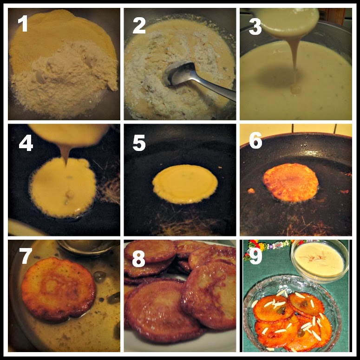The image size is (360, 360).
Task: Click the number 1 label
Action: tap(23, 24)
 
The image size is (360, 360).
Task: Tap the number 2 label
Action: tap(139, 26)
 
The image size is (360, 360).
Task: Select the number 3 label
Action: tap(255, 26)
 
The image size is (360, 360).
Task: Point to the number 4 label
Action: tap(26, 143)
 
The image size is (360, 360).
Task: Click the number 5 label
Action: tap(139, 143)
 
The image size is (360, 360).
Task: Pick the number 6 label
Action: tap(255, 140)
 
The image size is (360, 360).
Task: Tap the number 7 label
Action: tap(26, 256)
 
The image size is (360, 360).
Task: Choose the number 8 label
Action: tap(138, 259)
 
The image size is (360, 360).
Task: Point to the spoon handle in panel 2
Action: tap(215, 88)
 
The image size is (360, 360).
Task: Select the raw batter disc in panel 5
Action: tap(185, 184)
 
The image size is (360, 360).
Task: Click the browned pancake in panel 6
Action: tap(291, 182)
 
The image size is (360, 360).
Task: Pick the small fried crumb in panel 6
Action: tap(251, 190)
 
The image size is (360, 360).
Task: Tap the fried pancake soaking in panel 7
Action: tap(59, 289)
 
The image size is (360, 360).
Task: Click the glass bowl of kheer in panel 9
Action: tap(320, 261)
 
